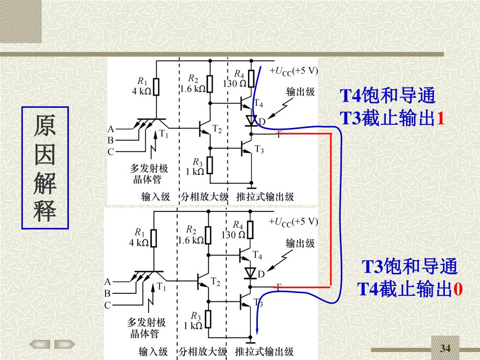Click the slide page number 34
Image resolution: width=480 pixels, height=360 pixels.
click(445, 348)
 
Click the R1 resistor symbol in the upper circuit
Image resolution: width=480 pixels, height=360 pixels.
click(156, 87)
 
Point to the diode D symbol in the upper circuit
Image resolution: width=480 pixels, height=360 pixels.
click(252, 121)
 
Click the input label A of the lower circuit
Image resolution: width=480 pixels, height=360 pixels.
click(107, 282)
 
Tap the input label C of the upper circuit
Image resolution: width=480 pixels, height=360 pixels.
click(111, 152)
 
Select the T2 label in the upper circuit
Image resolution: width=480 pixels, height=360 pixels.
click(217, 128)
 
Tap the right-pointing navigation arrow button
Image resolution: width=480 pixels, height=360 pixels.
click(65, 345)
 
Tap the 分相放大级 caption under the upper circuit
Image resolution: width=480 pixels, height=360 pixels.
click(204, 196)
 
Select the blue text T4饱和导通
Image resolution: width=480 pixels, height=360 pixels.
click(388, 96)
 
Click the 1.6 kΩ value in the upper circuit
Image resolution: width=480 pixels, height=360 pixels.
click(192, 89)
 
